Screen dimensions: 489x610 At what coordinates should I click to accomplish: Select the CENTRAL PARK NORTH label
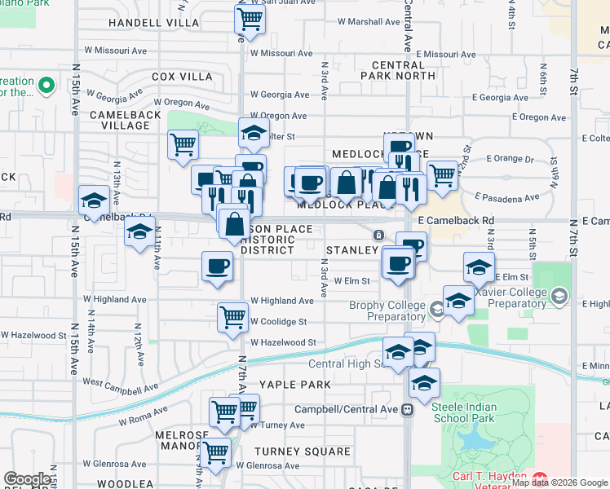click(404, 70)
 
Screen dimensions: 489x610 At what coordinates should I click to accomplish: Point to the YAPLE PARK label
click(295, 384)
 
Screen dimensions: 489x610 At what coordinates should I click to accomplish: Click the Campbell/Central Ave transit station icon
click(407, 410)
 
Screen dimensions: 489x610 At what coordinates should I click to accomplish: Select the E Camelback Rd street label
click(456, 220)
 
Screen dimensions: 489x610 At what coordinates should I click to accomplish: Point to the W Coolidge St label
click(279, 322)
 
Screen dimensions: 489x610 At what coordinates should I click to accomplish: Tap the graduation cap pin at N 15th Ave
click(94, 200)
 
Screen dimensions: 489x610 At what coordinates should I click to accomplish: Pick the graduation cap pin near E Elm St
click(479, 267)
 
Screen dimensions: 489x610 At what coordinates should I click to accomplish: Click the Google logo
click(28, 479)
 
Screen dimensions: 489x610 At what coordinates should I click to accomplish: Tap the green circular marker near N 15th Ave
click(46, 84)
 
